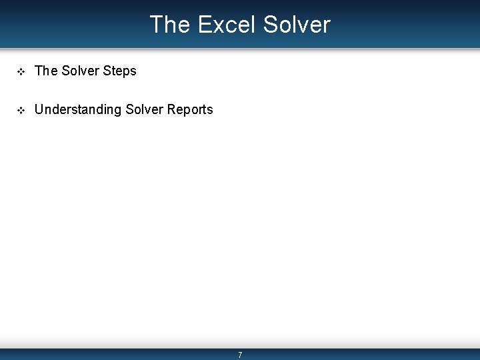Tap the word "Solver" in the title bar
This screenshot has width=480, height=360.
[x=297, y=25]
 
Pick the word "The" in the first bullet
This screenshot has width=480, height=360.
[x=46, y=71]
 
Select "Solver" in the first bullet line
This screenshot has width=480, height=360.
[x=80, y=71]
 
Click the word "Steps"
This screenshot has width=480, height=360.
[x=120, y=71]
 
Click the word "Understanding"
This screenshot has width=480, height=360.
[x=78, y=110]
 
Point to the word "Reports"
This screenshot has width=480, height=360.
[x=191, y=110]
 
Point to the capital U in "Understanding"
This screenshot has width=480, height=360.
[x=39, y=109]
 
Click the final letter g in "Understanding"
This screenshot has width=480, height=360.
[x=117, y=111]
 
